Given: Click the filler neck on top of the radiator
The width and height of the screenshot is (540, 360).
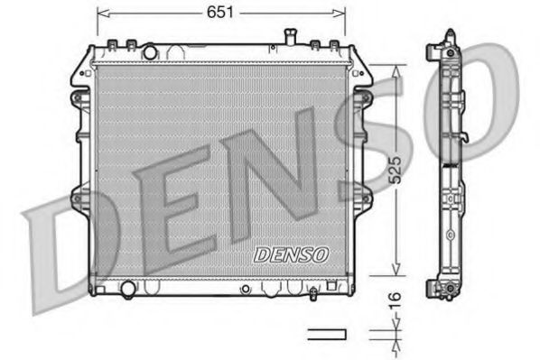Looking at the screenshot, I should [292, 36].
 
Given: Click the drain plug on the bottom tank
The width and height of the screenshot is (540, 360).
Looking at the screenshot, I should [311, 292].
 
